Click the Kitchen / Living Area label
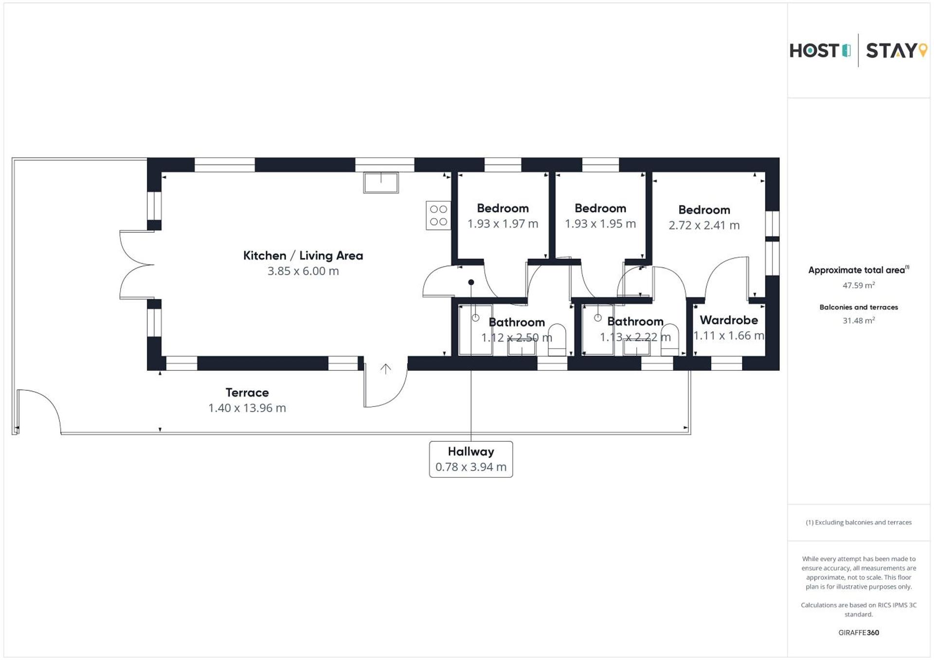[x=303, y=256]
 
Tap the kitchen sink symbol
[x=381, y=183]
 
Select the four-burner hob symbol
[x=438, y=215]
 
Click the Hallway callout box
[x=470, y=459]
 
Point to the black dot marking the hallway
[x=471, y=282]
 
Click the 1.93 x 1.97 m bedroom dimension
[x=503, y=224]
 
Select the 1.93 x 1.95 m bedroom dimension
[x=600, y=224]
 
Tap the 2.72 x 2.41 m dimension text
[x=704, y=226]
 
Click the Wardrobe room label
[x=728, y=320]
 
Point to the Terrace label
[x=247, y=393]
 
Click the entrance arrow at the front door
[x=385, y=369]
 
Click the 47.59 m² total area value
[x=859, y=285]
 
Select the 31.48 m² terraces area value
[x=859, y=321]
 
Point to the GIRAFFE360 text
[x=859, y=633]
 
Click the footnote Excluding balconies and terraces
[x=859, y=522]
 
